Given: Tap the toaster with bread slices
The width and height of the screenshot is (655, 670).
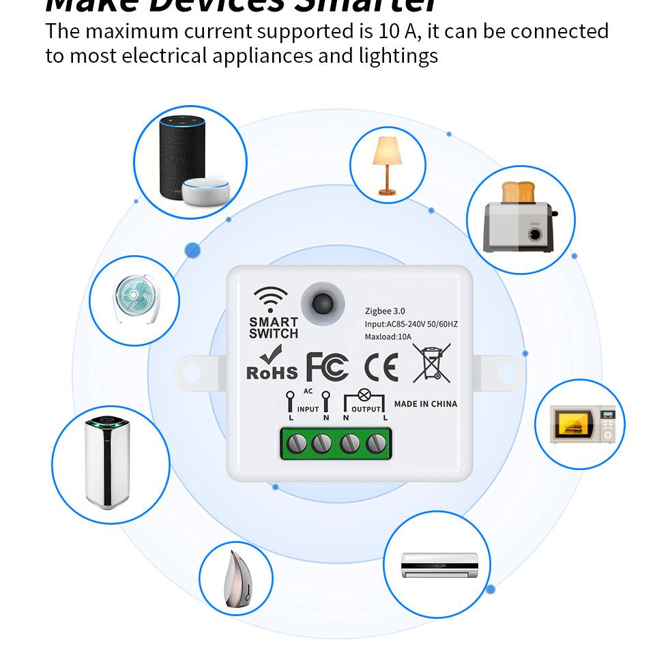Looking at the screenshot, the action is pos(520,218).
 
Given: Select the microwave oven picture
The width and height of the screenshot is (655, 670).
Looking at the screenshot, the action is pos(583,424).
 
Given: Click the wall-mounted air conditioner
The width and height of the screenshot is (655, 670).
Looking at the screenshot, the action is pos(436,564).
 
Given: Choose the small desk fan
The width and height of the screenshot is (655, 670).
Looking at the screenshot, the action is pos(134,299).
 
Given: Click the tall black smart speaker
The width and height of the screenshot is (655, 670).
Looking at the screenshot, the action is pos(181,157).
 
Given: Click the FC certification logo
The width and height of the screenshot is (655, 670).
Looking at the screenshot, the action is pos(327,367).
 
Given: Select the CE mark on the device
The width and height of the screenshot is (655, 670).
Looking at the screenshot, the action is pos(381,367).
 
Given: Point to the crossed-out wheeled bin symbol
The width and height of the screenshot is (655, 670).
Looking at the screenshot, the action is pos(431,362).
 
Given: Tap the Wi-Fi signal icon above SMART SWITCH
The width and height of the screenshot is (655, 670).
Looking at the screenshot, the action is pos(270,300).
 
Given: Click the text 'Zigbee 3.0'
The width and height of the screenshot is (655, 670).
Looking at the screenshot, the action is pos(385,311).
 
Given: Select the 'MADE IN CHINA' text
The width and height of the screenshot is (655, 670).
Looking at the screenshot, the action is pos(426,404).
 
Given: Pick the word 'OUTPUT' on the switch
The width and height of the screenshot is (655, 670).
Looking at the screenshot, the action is pos(366,409).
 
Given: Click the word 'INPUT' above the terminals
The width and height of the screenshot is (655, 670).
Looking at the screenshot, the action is pos(308,409).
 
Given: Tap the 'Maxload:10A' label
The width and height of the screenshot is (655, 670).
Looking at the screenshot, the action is pos(388,336).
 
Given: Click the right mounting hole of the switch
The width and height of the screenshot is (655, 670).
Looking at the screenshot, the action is pos(507,373).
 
